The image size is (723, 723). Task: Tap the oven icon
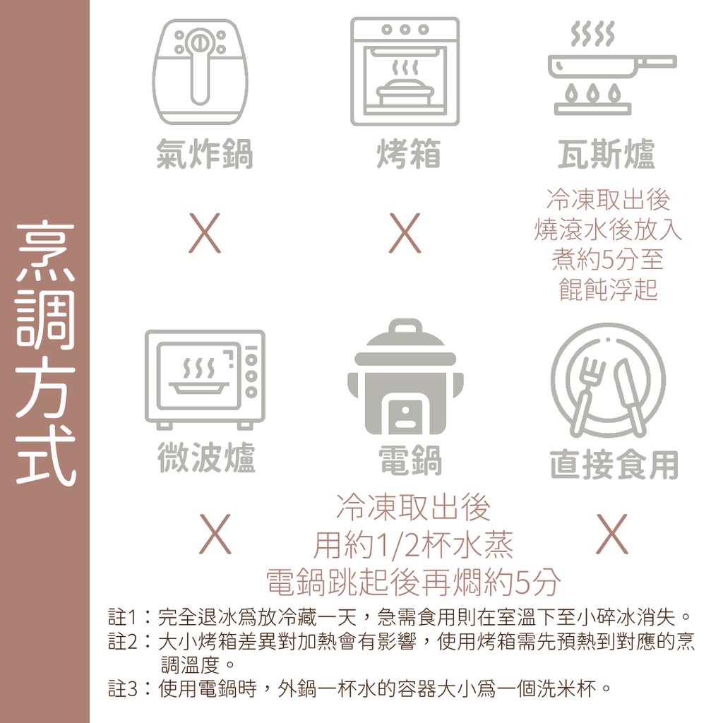click(x=405, y=71)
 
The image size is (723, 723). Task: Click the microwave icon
click(x=205, y=379)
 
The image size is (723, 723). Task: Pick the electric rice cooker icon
click(x=405, y=376)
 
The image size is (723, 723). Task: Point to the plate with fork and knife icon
click(x=608, y=381)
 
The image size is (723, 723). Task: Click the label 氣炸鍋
click(x=204, y=154)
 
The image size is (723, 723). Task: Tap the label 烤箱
click(x=409, y=154)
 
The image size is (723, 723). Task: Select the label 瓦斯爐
click(x=607, y=154)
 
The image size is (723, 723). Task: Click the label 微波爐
click(x=206, y=458)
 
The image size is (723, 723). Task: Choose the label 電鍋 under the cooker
click(x=410, y=460)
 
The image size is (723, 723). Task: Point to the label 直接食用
click(x=614, y=465)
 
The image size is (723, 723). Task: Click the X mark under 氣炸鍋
click(x=205, y=233)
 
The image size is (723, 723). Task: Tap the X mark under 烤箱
click(x=405, y=233)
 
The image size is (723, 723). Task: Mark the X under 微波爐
click(x=215, y=534)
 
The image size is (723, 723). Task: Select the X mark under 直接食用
click(x=612, y=534)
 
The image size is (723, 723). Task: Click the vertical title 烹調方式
click(x=45, y=353)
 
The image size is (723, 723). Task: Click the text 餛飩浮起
click(x=608, y=289)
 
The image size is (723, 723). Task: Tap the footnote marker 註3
click(x=123, y=689)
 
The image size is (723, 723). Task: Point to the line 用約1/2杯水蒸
click(x=413, y=545)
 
